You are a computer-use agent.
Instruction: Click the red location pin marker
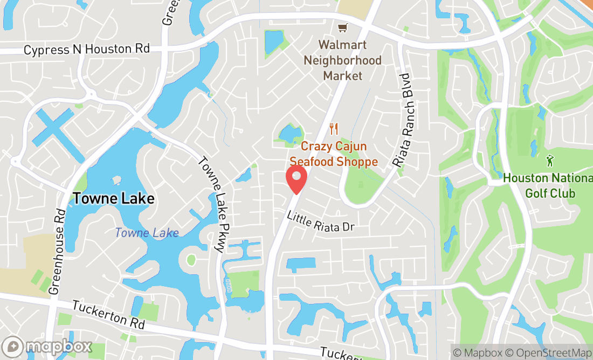tap(296, 179)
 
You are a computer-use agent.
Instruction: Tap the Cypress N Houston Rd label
tap(86, 50)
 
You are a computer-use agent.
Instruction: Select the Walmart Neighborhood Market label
tap(342, 60)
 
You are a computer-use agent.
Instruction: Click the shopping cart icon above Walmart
tap(342, 27)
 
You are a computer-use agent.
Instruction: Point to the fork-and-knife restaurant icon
tap(334, 129)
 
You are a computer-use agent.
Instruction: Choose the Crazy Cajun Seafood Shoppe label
tap(334, 154)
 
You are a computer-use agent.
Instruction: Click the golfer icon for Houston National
tap(549, 160)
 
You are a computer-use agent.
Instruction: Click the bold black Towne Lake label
tap(113, 198)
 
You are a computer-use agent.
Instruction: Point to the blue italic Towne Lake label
tap(147, 233)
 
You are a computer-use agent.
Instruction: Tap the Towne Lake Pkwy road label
tap(211, 205)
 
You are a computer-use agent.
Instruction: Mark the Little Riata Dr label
tap(320, 221)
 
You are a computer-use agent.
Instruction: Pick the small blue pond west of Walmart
tap(274, 41)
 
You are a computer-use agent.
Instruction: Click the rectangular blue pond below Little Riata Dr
tap(301, 265)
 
